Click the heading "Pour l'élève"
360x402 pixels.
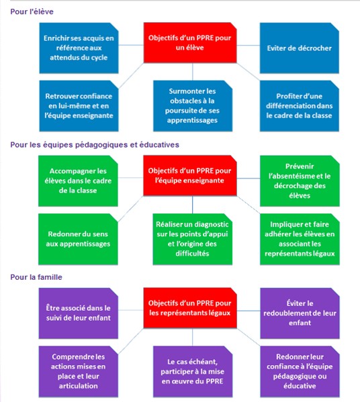(32, 11)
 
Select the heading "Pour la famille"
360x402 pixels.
(36, 277)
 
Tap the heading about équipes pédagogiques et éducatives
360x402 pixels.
(95, 144)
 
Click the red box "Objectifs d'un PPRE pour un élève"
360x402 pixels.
(190, 42)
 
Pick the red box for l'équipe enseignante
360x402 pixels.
(190, 176)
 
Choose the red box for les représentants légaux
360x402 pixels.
(190, 308)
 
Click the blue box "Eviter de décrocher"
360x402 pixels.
(299, 48)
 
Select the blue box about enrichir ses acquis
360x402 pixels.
(79, 48)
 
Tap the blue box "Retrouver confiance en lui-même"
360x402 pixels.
(79, 106)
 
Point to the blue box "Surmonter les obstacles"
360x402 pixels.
(193, 106)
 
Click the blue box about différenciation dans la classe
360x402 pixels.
(299, 106)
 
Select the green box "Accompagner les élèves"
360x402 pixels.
(78, 181)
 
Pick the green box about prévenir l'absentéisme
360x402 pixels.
(300, 181)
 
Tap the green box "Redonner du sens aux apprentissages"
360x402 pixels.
(78, 239)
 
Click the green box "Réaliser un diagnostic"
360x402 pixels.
(193, 239)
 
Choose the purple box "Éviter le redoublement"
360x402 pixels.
(300, 313)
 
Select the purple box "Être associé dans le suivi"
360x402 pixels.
(79, 313)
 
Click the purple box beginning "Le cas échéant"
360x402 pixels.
(193, 372)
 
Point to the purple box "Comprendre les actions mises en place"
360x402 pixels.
(79, 372)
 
